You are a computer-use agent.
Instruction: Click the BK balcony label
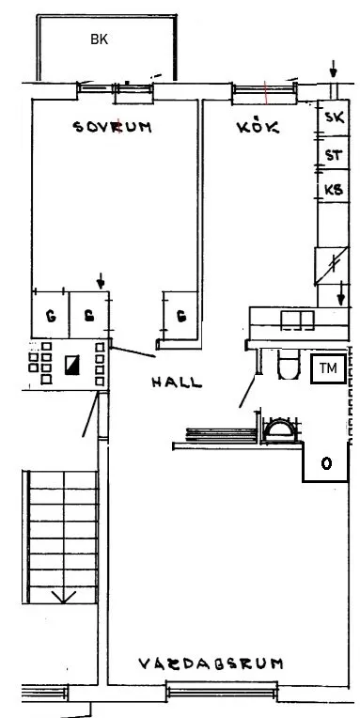tap(99, 39)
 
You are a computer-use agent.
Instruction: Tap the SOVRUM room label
tap(112, 127)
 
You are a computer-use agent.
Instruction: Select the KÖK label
tap(258, 126)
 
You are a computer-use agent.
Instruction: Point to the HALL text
tap(177, 382)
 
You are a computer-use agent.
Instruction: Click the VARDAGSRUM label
tap(211, 663)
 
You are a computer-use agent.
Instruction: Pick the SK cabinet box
tap(334, 117)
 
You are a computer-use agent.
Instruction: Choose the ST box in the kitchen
tap(334, 153)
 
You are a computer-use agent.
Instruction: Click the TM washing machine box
tap(328, 368)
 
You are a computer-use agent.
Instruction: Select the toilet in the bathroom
tap(288, 365)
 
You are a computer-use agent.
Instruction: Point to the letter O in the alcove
tap(326, 464)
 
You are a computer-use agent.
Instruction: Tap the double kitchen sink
tap(297, 320)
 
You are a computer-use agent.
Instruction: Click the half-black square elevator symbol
tap(71, 365)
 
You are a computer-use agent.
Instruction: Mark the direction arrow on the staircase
tap(63, 597)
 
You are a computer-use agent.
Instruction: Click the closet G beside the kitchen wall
tap(181, 316)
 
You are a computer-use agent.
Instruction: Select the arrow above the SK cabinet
tap(334, 70)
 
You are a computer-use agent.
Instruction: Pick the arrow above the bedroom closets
tap(101, 281)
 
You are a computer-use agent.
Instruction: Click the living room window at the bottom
tap(222, 691)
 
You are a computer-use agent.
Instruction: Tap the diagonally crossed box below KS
tap(332, 266)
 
